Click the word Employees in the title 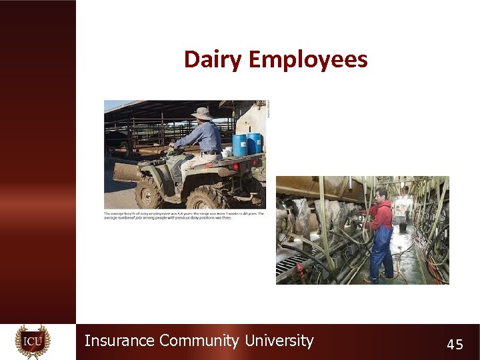point(307,60)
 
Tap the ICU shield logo point(33,342)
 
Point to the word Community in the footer point(199,341)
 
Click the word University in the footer point(279,341)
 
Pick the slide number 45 point(455,344)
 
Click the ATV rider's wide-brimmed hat point(201,113)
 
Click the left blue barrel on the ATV point(239,145)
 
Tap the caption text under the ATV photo point(184,216)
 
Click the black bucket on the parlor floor point(403,227)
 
